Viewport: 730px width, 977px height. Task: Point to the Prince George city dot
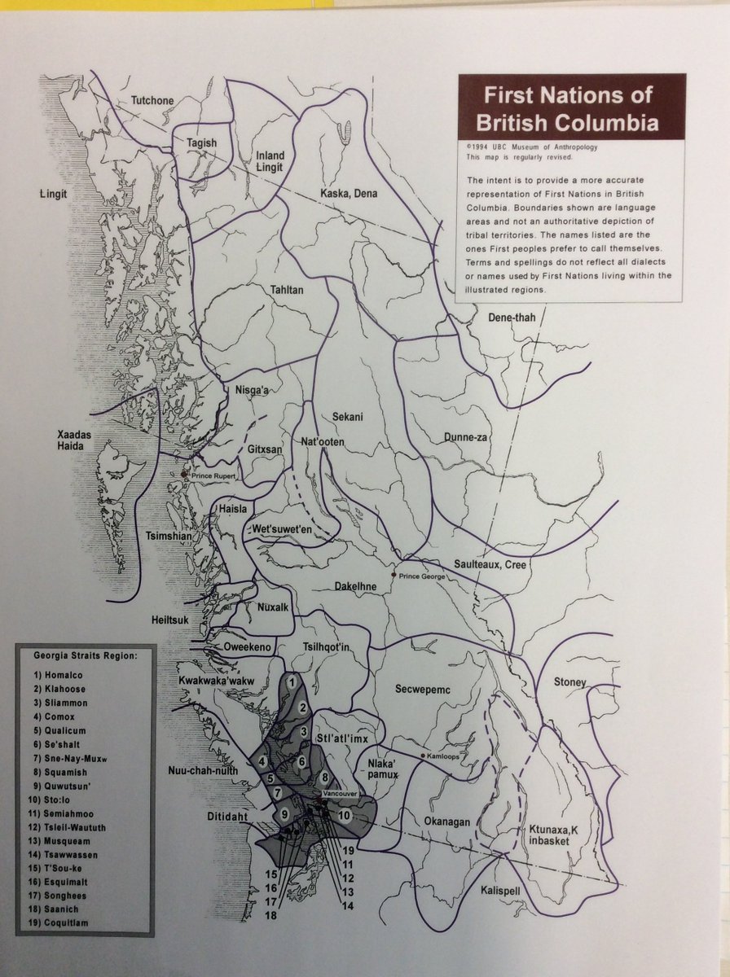tap(394, 575)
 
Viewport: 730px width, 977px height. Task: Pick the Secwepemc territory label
tap(422, 690)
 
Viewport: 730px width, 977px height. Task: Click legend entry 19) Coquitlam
tap(61, 922)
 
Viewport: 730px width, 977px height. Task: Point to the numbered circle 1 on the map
tap(291, 681)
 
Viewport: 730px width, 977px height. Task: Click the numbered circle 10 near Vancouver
tap(344, 815)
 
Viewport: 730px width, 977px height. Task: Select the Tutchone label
tap(152, 101)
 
